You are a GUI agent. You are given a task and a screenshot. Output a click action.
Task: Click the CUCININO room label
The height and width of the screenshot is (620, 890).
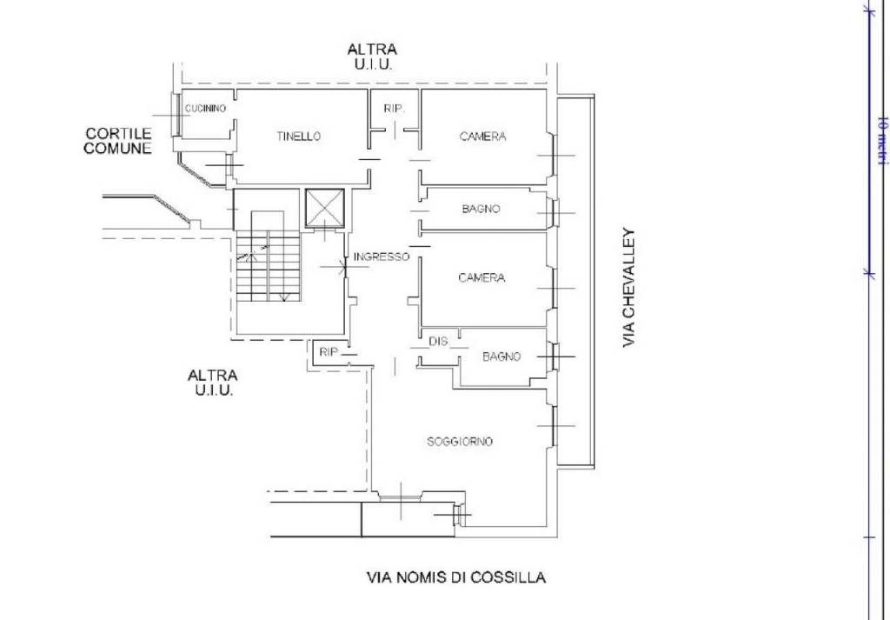pos(205,109)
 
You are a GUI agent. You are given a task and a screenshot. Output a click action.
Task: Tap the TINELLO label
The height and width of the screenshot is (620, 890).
pos(299,137)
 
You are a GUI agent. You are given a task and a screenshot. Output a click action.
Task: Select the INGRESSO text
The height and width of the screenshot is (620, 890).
pos(381,257)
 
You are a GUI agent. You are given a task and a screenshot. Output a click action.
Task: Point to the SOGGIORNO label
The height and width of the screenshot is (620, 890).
pos(460,441)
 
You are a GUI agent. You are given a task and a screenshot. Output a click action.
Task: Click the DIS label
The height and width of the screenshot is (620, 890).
pos(438,341)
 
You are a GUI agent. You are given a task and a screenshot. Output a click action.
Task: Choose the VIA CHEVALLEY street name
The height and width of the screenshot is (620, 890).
pos(629,287)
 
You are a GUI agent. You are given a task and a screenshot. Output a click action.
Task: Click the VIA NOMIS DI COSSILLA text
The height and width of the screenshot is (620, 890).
pos(456,578)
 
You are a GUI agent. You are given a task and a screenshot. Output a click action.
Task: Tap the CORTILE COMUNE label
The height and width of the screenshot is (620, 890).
pos(118,141)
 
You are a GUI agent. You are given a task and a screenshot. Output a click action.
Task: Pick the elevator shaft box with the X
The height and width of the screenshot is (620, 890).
pos(325,208)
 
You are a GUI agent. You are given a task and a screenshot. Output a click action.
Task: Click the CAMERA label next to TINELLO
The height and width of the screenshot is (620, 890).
pos(482,137)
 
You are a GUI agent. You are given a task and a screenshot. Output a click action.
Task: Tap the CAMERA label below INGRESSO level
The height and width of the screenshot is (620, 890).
pos(482,277)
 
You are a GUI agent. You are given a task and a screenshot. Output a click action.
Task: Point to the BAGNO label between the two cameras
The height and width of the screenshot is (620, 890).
pos(481,209)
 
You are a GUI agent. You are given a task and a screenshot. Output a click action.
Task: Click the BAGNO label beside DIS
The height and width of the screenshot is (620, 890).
pos(501,357)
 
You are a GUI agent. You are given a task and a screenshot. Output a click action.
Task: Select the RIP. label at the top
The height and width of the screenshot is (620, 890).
pos(394,108)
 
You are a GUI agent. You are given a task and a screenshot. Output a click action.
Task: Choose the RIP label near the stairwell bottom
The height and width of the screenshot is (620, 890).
pos(328,352)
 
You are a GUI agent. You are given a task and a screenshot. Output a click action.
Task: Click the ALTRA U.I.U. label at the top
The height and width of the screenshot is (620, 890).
pos(372,57)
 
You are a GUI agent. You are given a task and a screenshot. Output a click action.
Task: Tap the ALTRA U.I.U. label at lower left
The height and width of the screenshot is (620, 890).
pos(212,383)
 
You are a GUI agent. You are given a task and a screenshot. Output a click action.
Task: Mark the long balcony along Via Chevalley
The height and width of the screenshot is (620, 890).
pos(575,283)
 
